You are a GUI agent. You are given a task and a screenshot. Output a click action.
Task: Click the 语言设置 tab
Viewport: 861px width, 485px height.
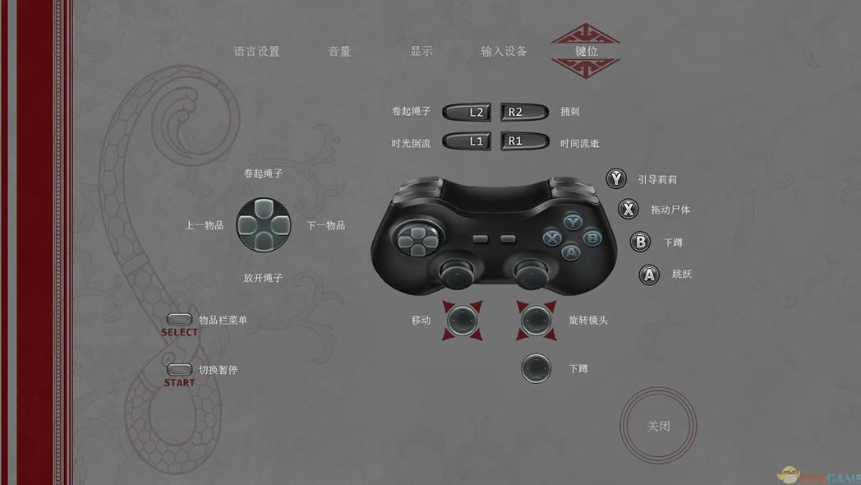(x=256, y=52)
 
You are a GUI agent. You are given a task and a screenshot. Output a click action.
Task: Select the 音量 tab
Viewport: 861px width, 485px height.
(x=339, y=52)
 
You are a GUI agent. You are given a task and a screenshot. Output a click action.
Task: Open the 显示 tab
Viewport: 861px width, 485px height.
(x=421, y=52)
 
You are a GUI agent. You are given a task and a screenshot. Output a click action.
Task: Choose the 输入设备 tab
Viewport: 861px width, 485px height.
(x=504, y=52)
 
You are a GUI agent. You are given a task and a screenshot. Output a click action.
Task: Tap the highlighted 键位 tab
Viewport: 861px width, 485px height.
(x=586, y=51)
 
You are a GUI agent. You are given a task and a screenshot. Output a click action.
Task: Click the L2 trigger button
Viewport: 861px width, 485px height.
(x=466, y=112)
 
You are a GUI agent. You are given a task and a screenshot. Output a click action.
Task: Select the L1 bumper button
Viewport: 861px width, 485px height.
(x=466, y=141)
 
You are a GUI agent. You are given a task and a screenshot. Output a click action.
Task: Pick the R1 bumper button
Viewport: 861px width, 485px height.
(x=524, y=141)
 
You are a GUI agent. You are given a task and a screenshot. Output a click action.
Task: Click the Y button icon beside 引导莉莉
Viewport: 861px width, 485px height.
(x=616, y=178)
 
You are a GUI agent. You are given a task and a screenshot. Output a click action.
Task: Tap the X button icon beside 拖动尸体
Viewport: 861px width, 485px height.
(x=628, y=209)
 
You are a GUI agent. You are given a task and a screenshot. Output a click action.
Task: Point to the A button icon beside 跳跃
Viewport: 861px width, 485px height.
(x=649, y=275)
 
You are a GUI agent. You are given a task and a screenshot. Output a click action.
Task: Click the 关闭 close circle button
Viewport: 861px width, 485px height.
(x=658, y=426)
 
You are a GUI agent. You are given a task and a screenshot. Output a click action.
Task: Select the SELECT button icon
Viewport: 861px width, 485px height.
(x=179, y=319)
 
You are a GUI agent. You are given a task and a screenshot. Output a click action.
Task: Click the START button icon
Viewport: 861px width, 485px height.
(x=179, y=370)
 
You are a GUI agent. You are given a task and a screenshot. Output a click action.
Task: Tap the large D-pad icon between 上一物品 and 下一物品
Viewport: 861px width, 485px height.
(x=264, y=225)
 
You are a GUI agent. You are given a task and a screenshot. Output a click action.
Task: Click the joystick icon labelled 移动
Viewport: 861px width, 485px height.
(x=463, y=321)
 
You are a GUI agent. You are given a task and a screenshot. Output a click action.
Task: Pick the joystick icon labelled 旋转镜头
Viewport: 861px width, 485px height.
(x=536, y=321)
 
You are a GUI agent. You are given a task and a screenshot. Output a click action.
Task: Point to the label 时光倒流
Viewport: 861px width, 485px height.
(x=411, y=143)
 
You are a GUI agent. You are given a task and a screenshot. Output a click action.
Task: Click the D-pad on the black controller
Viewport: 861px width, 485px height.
(x=417, y=239)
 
